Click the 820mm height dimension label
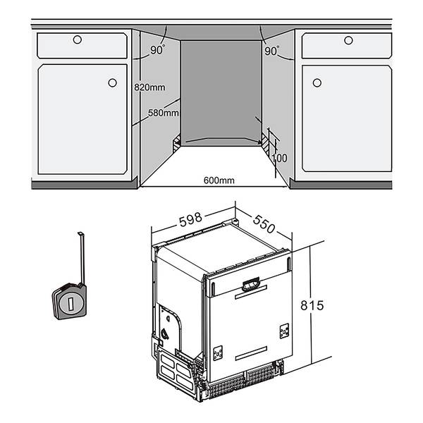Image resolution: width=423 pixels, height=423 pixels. [x=149, y=87]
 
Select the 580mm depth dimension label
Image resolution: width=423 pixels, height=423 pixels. [x=164, y=113]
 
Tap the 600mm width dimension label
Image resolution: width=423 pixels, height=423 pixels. [x=219, y=180]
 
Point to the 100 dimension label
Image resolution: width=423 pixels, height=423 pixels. [x=279, y=158]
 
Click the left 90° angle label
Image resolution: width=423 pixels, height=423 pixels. [x=157, y=49]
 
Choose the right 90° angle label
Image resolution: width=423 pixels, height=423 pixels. [x=271, y=51]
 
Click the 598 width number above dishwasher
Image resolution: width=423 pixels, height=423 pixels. [x=190, y=219]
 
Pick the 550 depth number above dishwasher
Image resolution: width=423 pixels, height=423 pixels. [x=264, y=224]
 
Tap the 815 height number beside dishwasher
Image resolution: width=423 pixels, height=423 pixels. [x=312, y=305]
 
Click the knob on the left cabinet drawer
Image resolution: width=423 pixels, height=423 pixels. [x=78, y=39]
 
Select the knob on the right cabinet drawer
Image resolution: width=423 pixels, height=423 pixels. [x=348, y=40]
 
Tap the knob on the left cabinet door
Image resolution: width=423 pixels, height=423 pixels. [x=113, y=82]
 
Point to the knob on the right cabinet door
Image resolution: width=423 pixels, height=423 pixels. [x=317, y=82]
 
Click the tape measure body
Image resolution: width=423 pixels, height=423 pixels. [x=70, y=301]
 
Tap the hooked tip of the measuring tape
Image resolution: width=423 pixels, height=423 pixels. [x=80, y=233]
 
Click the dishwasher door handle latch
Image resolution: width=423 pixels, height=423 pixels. [x=251, y=284]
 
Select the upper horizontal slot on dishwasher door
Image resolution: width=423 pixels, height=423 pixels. [x=251, y=292]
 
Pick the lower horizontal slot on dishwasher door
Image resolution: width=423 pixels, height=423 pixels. [x=251, y=353]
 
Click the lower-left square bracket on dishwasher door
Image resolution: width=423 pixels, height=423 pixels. [x=218, y=353]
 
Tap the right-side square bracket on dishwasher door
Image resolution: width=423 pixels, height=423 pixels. [x=284, y=331]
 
